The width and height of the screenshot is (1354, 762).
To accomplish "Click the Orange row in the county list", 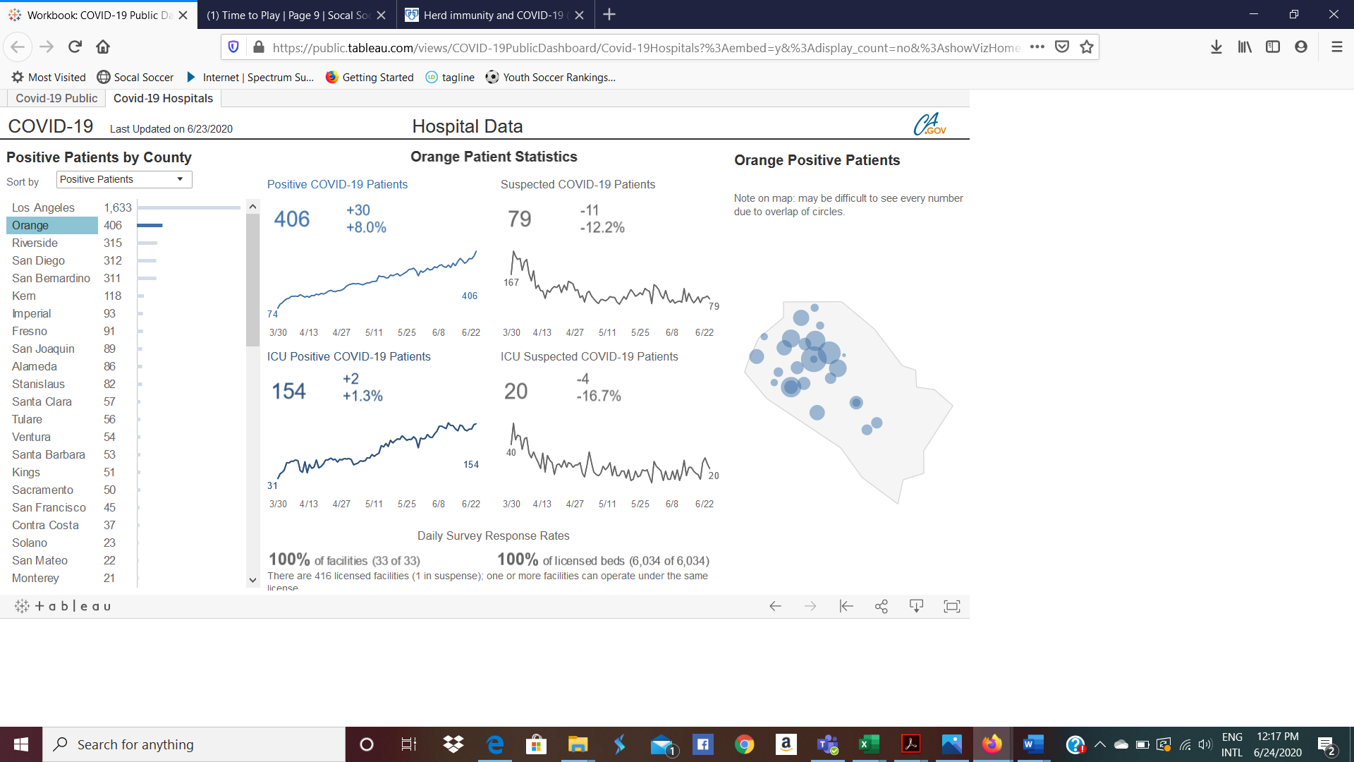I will pos(51,225).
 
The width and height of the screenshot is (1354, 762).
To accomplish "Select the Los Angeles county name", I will pos(43,207).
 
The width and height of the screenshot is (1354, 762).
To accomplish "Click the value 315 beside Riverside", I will pos(113,243).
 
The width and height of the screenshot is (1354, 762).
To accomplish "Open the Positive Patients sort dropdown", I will pos(124,179).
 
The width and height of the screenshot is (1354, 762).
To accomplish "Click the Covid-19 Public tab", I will pos(56,98).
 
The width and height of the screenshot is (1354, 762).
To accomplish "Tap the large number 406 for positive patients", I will pos(292,219).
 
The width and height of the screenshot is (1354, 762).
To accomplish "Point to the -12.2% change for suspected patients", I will pos(602,227).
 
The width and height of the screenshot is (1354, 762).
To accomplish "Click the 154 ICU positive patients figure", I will pos(289,391).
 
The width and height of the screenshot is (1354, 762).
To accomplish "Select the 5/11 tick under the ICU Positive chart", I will pos(374,504).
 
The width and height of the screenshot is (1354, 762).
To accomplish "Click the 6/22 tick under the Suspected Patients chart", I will pos(704,332).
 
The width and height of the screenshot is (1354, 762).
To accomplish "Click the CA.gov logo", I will pos(929,125).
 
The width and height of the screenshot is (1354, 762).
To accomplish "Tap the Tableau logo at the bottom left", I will pos(63,606).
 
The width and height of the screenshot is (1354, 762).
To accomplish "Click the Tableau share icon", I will pos(881,606).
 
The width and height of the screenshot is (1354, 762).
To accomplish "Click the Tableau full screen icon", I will pos(951,606).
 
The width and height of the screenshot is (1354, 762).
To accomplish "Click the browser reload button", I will pos(75,47).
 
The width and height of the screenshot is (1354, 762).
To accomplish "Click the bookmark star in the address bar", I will pos(1087,47).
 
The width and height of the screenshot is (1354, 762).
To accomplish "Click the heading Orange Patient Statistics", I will pos(494,157).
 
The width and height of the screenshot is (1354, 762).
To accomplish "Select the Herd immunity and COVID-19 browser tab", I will pos(494,15).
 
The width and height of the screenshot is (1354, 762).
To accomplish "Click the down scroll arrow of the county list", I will pos(252,580).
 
